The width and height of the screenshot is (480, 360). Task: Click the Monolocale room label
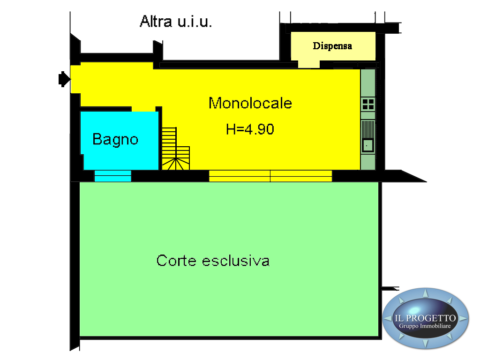[250, 103]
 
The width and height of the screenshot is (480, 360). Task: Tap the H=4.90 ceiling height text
[250, 129]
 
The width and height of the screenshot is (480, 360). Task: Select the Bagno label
[115, 140]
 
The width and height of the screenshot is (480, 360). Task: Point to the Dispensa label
[332, 46]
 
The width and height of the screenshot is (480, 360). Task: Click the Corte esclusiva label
[213, 261]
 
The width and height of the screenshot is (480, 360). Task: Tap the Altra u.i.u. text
[176, 22]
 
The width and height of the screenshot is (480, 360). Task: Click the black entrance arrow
[64, 79]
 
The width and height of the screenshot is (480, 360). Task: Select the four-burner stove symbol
[368, 105]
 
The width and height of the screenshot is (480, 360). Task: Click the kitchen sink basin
[367, 145]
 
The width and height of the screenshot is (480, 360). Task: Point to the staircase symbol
[175, 149]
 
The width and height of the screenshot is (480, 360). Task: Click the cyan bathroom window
[112, 176]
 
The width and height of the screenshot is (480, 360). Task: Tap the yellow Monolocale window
[270, 176]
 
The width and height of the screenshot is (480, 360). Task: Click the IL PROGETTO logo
[425, 318]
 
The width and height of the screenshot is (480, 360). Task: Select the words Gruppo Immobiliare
[425, 326]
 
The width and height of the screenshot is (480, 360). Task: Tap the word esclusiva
[236, 261]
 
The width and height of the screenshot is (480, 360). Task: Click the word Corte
[176, 261]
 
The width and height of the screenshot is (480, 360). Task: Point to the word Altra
[156, 22]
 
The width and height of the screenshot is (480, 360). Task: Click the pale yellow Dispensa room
[333, 47]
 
